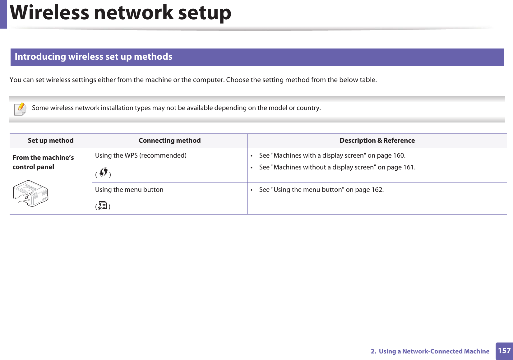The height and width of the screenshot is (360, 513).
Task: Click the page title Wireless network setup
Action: pos(121,13)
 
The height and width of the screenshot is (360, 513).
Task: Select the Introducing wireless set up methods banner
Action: pos(94,57)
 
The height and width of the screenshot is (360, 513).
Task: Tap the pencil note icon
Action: pos(20,109)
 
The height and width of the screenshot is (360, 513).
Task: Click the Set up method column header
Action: pos(51,141)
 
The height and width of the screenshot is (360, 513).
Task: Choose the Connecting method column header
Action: pos(169,141)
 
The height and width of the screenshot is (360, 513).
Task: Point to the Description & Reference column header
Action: pos(377,141)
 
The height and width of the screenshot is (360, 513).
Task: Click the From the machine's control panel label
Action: pos(43,162)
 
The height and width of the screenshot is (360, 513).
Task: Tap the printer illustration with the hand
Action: pos(30,193)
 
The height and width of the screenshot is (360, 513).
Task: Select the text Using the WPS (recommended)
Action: pos(141,155)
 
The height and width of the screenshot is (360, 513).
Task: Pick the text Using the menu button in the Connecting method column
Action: pos(129,190)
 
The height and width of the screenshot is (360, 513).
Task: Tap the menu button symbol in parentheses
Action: pos(103,205)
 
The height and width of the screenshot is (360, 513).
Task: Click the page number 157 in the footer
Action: pos(504,351)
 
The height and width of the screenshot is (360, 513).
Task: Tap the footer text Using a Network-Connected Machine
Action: pos(434,351)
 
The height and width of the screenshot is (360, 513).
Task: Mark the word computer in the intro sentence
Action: pos(209,80)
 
